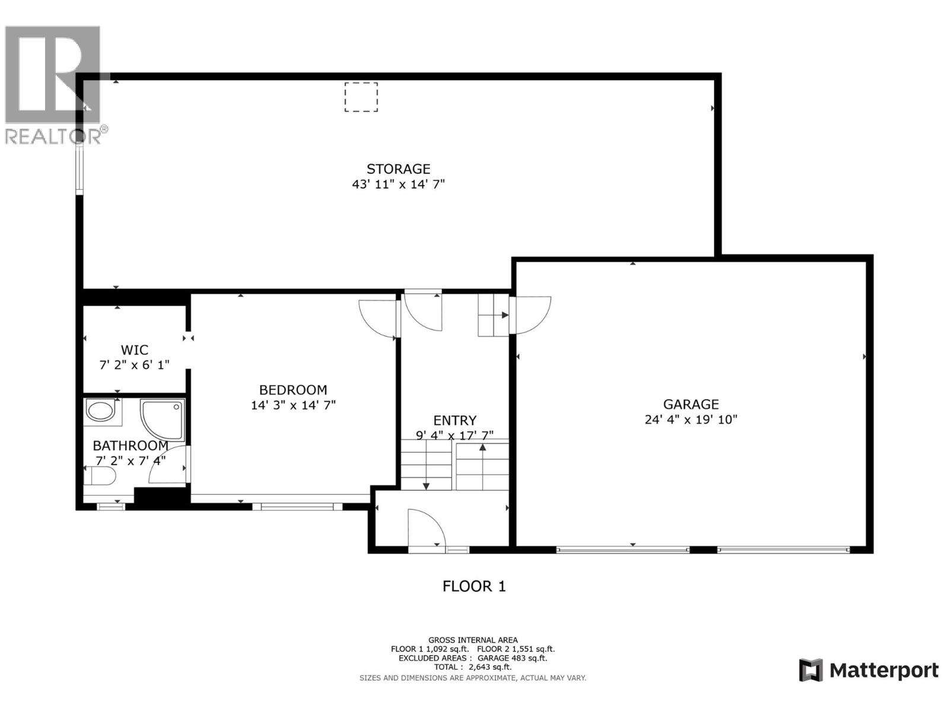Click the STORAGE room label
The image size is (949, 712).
398,169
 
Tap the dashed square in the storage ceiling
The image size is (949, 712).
361,97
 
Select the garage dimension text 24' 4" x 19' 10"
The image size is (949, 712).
690,419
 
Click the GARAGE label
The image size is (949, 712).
690,404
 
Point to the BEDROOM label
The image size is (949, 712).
293,390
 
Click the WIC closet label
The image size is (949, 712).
134,350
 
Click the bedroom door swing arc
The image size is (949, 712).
377,317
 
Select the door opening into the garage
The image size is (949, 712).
533,314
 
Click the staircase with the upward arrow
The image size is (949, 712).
482,465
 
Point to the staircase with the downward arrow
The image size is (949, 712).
426,465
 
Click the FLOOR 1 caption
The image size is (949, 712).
474,586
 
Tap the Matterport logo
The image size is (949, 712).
869,670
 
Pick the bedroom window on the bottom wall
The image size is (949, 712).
297,507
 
